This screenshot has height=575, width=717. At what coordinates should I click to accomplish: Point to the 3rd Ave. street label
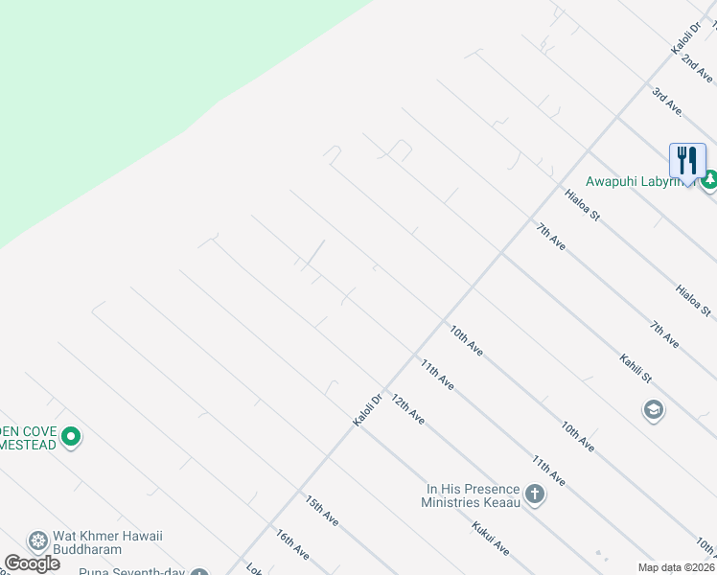[666, 101]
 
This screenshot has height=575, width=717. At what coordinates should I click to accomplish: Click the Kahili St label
[635, 368]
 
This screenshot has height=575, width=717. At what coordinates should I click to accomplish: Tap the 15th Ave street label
[322, 510]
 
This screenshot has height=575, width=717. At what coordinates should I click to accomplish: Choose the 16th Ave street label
[291, 543]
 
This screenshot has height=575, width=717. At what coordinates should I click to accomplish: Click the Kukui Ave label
[489, 538]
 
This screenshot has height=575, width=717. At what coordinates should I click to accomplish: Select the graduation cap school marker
[655, 410]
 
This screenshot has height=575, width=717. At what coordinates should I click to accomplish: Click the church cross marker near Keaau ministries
[534, 495]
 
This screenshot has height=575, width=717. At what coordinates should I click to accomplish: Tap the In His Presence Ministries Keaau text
[473, 495]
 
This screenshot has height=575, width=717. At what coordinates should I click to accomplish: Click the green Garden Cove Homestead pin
[70, 438]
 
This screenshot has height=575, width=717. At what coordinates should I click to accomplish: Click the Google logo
[32, 563]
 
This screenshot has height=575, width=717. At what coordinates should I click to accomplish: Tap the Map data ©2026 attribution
[676, 567]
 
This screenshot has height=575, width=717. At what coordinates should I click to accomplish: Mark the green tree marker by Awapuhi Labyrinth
[709, 179]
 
